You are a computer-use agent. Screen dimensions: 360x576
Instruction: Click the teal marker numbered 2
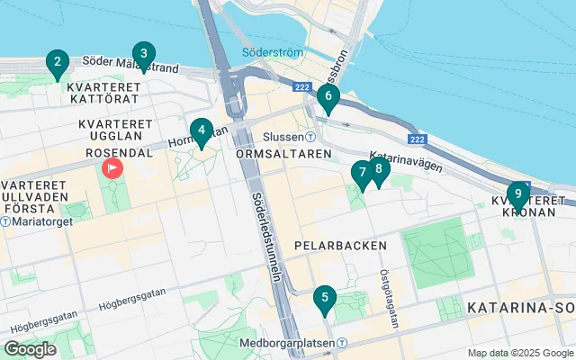(58, 64)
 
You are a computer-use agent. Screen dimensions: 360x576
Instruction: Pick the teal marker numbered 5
(324, 298)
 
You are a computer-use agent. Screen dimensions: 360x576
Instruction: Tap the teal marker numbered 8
(378, 169)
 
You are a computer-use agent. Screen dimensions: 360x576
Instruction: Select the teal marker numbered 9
(517, 194)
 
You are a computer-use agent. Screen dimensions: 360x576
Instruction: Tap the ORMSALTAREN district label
(273, 155)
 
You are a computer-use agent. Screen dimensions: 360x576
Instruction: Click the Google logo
(31, 348)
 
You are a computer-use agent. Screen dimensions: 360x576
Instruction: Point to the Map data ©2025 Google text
(519, 353)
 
